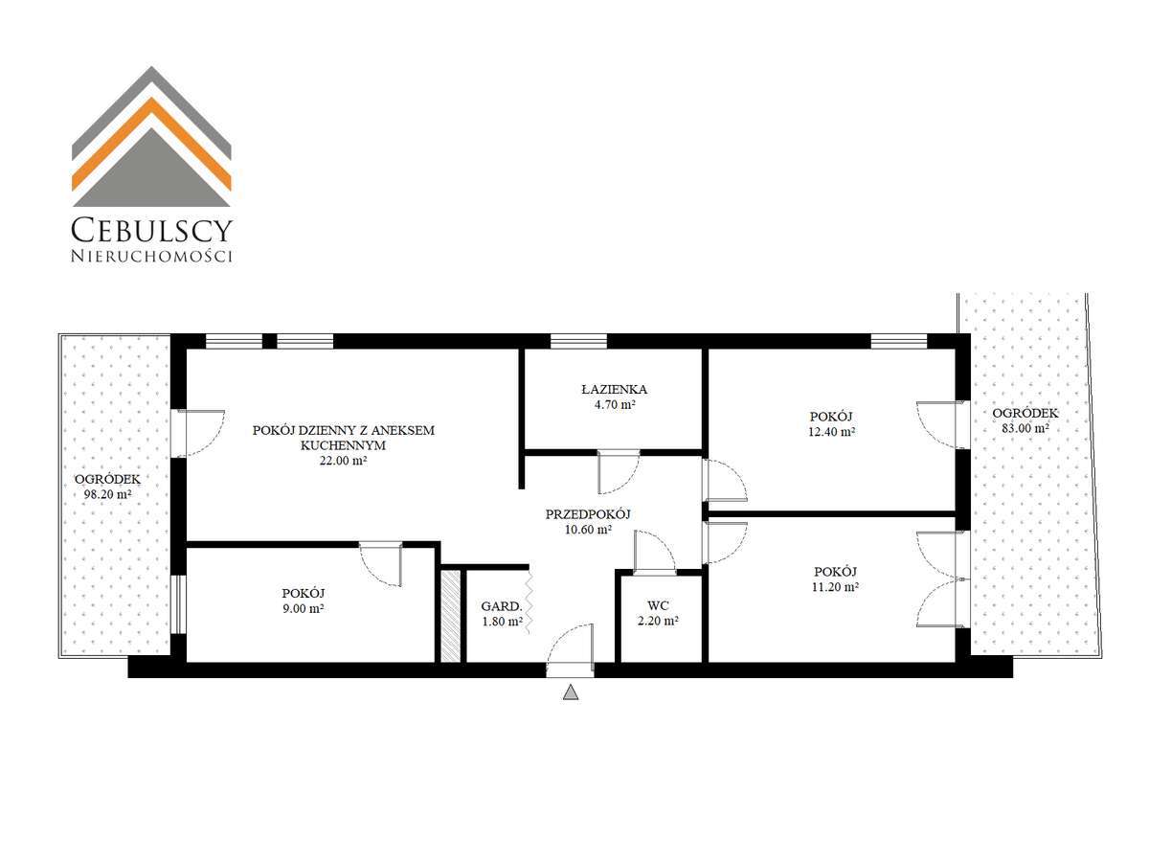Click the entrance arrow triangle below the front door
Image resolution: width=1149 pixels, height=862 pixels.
[x=571, y=692]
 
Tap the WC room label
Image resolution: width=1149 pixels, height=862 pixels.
[x=657, y=605]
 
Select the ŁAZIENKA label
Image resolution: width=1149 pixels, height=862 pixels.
[x=614, y=390]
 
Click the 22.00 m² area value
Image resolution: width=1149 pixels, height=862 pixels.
[x=343, y=461]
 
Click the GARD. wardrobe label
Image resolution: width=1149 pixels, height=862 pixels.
[x=501, y=606]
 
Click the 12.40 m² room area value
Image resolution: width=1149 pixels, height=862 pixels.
[x=831, y=432]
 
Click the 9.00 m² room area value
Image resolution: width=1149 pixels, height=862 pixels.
[x=303, y=607]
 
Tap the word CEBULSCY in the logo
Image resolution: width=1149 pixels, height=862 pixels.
[x=152, y=230]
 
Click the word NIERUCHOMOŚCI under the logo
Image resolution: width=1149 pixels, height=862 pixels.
[x=152, y=256]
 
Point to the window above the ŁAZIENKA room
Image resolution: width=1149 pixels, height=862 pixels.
[x=578, y=341]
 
